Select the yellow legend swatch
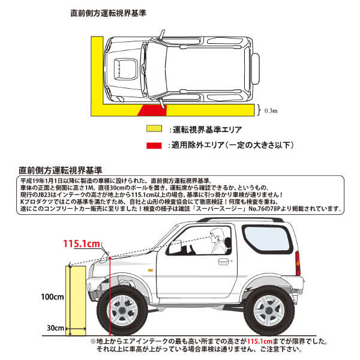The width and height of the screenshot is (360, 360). tap(157, 129)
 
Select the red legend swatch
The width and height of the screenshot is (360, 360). tap(157, 145)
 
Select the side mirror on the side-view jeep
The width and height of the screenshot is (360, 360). tap(175, 247)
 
